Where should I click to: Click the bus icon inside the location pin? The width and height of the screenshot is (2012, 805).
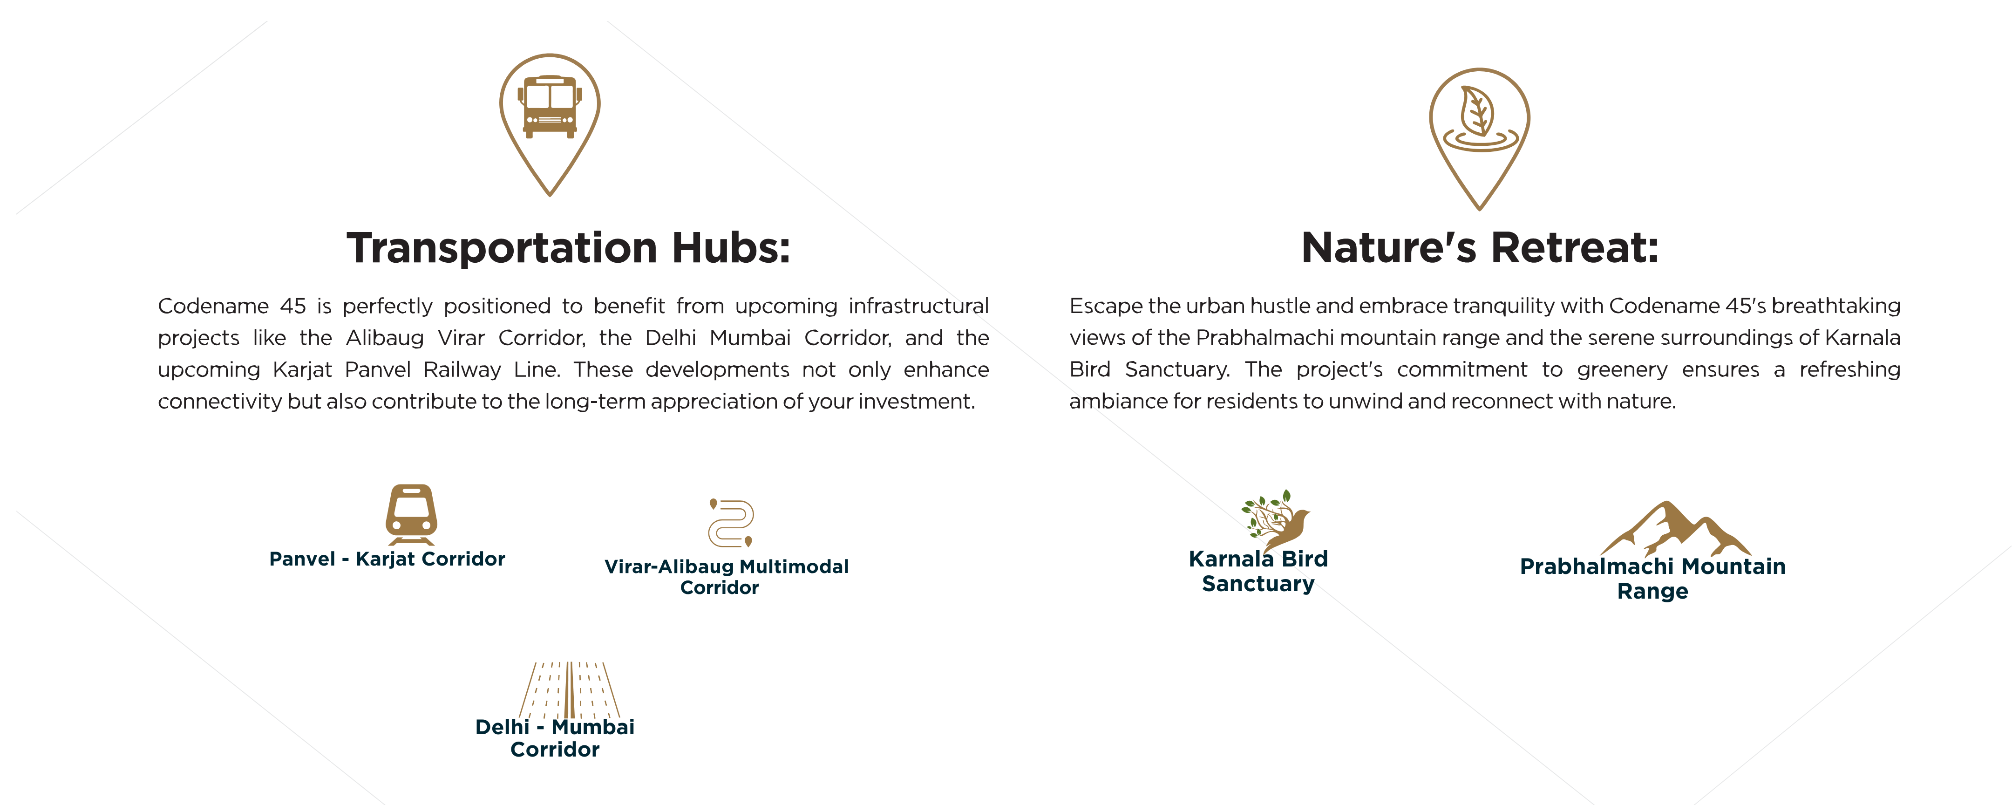click(x=550, y=107)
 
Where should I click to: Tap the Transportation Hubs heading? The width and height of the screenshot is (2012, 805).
click(x=569, y=248)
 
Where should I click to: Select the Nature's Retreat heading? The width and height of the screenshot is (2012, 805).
click(x=1480, y=248)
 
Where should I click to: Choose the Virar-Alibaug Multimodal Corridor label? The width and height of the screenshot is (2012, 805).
click(x=727, y=577)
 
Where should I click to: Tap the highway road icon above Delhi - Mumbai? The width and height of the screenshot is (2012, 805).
click(x=570, y=690)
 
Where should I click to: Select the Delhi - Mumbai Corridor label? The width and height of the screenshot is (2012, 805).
click(x=555, y=738)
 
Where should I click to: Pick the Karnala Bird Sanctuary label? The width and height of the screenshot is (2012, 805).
click(x=1258, y=571)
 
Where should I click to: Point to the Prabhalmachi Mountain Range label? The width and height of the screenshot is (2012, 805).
click(x=1653, y=578)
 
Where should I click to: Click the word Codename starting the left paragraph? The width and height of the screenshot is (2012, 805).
click(x=213, y=306)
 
